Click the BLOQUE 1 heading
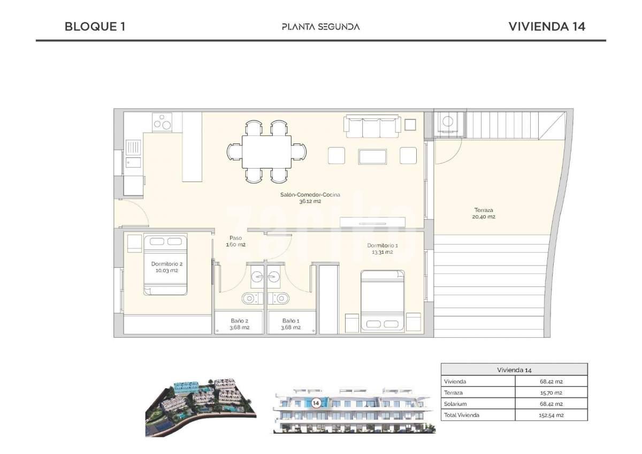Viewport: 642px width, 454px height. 95,27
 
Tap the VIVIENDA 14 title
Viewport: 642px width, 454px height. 547,27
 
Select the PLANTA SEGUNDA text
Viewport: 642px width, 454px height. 320,27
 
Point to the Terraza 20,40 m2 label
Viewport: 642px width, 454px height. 484,214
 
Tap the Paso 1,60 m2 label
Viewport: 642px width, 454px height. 235,241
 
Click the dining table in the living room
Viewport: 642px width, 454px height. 266,152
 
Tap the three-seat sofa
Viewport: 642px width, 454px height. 372,126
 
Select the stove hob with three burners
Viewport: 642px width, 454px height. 162,122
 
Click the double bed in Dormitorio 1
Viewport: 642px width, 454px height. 383,301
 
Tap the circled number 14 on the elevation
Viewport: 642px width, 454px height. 316,403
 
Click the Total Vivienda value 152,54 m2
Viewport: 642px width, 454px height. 551,415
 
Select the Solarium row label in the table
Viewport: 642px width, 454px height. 455,404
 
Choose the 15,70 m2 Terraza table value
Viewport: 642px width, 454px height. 551,392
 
